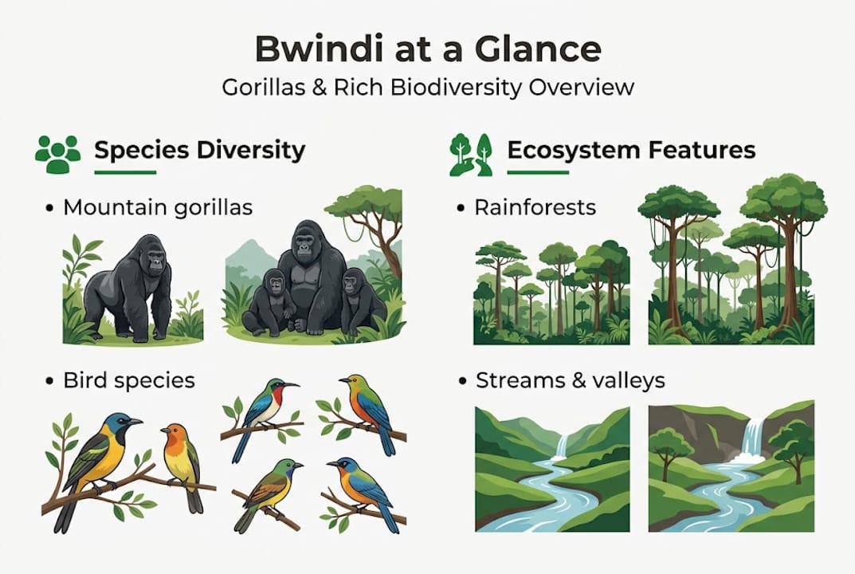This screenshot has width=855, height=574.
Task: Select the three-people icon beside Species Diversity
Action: [58, 153]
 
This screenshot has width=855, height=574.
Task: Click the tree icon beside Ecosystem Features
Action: [470, 153]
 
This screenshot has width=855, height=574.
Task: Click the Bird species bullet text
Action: [129, 380]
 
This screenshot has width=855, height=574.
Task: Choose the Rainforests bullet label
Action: [535, 208]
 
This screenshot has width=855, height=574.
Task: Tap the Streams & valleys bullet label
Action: [570, 380]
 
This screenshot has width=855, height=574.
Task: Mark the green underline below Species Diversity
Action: [125, 172]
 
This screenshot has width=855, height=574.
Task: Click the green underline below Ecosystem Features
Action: [538, 172]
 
